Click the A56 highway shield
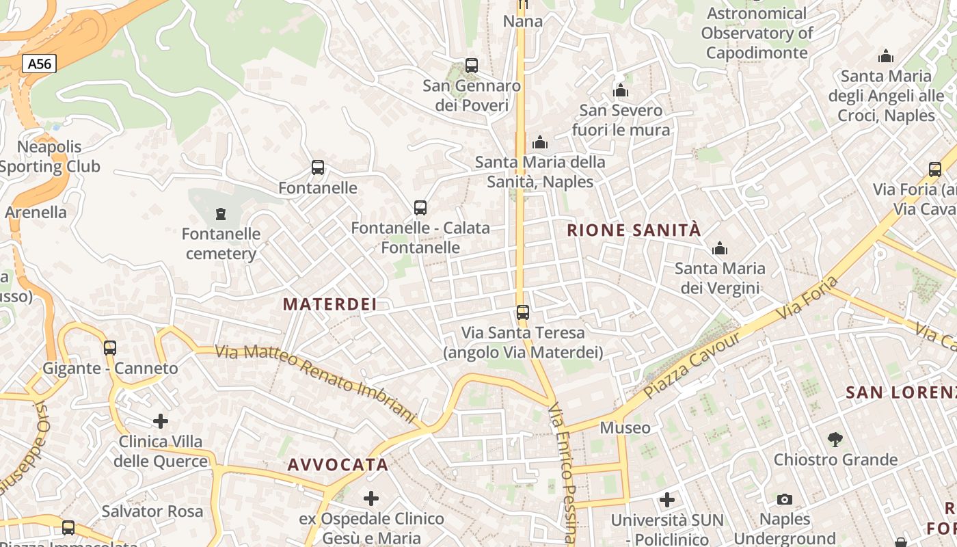tap(39, 64)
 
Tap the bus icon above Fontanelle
tap(318, 168)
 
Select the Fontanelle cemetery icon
tap(220, 215)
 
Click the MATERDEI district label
tap(330, 304)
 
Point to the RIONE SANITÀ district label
tap(634, 230)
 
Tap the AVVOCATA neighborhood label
tap(338, 465)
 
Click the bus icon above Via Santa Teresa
tap(523, 312)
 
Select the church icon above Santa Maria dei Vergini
tap(720, 249)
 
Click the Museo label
tap(625, 428)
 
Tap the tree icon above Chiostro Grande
tap(835, 440)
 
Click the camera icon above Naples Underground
tap(785, 500)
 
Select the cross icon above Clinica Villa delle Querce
tap(161, 421)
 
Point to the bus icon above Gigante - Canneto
tap(110, 348)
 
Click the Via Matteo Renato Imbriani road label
tap(316, 383)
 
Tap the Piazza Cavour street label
tap(692, 366)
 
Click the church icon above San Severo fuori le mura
tap(621, 91)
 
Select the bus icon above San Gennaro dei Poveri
tap(472, 66)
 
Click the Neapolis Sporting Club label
tap(49, 157)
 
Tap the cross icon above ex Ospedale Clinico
tap(371, 498)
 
